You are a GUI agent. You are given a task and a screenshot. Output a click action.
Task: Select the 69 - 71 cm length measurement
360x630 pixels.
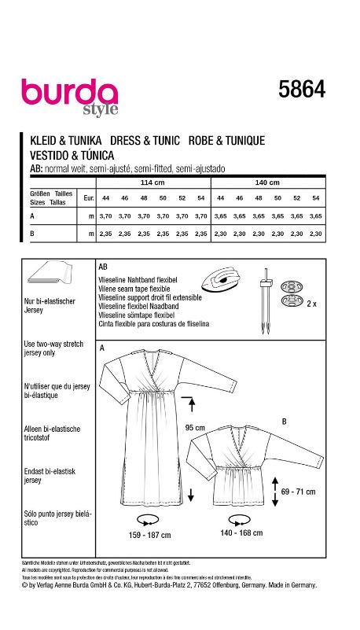coord(299,490)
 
